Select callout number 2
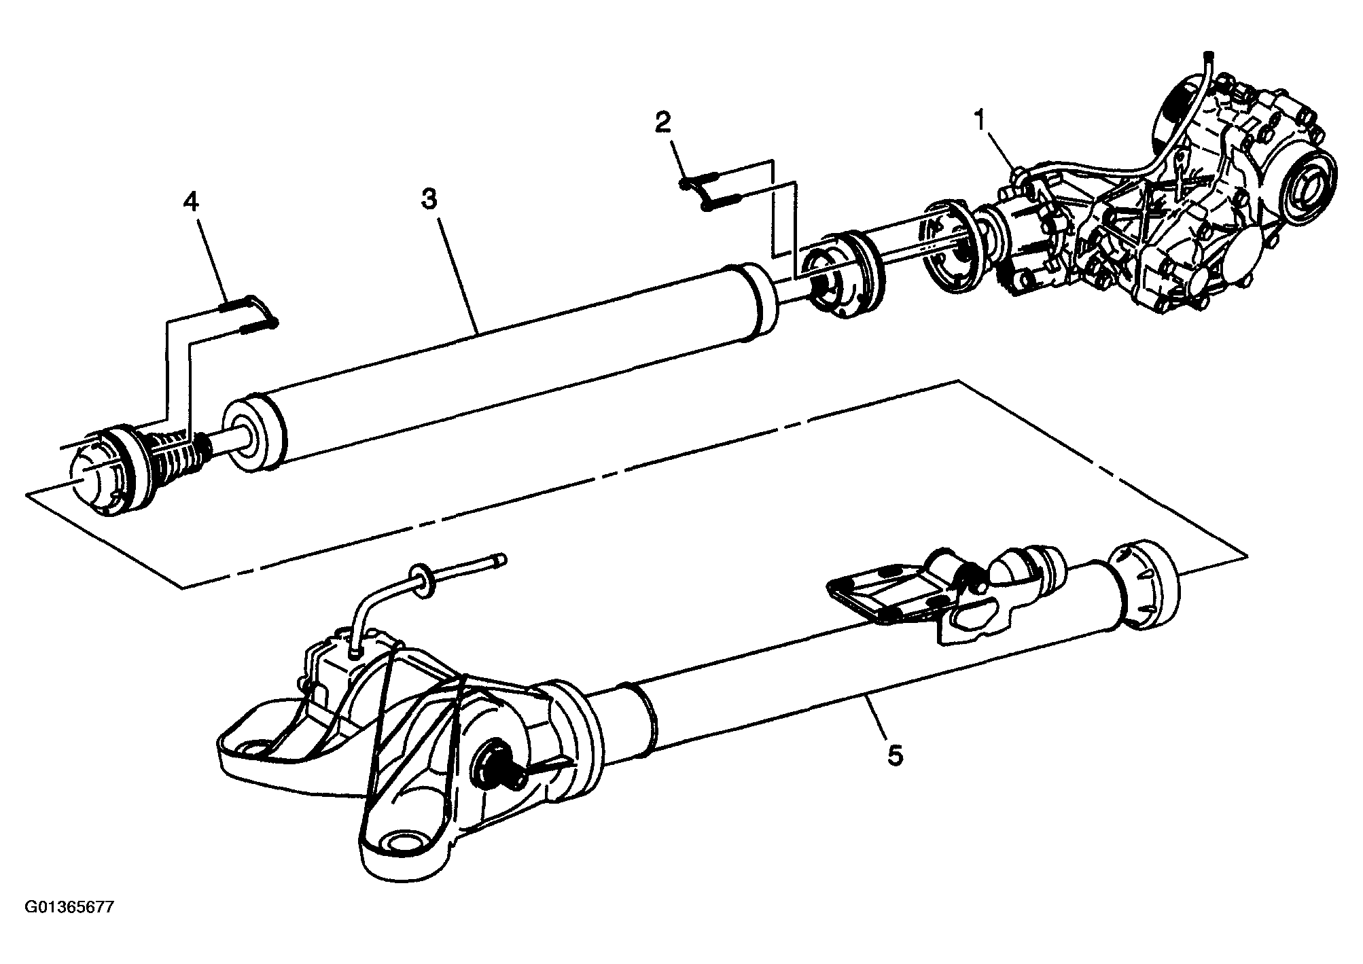click(662, 123)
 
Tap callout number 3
click(429, 199)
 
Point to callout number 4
click(192, 202)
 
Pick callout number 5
click(895, 755)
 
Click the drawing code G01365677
click(69, 926)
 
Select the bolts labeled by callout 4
click(247, 316)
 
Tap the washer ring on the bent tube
click(422, 581)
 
